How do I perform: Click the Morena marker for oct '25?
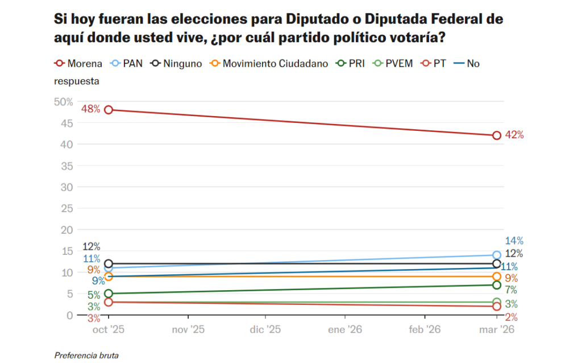[x=108, y=109]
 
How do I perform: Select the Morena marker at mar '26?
[x=497, y=135]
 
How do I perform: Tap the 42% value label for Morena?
[x=514, y=135]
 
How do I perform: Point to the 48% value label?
[x=91, y=109]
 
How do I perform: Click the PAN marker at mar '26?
[x=497, y=255]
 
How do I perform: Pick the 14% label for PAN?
[x=514, y=241]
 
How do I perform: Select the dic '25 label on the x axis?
[x=265, y=329]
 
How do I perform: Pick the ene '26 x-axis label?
[x=345, y=329]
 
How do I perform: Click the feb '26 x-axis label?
[x=425, y=329]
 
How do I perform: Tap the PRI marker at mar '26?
[x=497, y=285]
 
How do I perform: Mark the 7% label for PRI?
[x=511, y=290]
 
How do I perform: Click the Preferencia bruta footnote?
[x=87, y=355]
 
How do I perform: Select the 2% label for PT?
[x=511, y=317]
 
